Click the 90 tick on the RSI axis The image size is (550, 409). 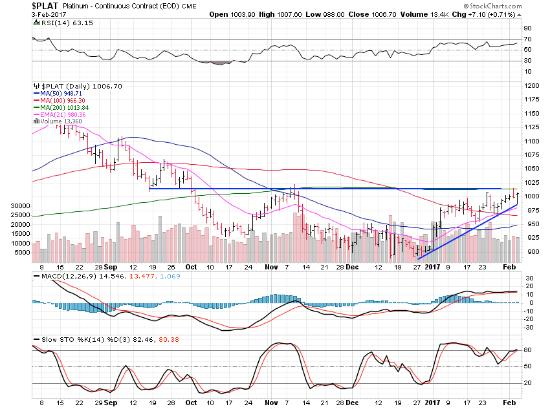pos(527,28)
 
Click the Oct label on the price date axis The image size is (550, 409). pos(191,266)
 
